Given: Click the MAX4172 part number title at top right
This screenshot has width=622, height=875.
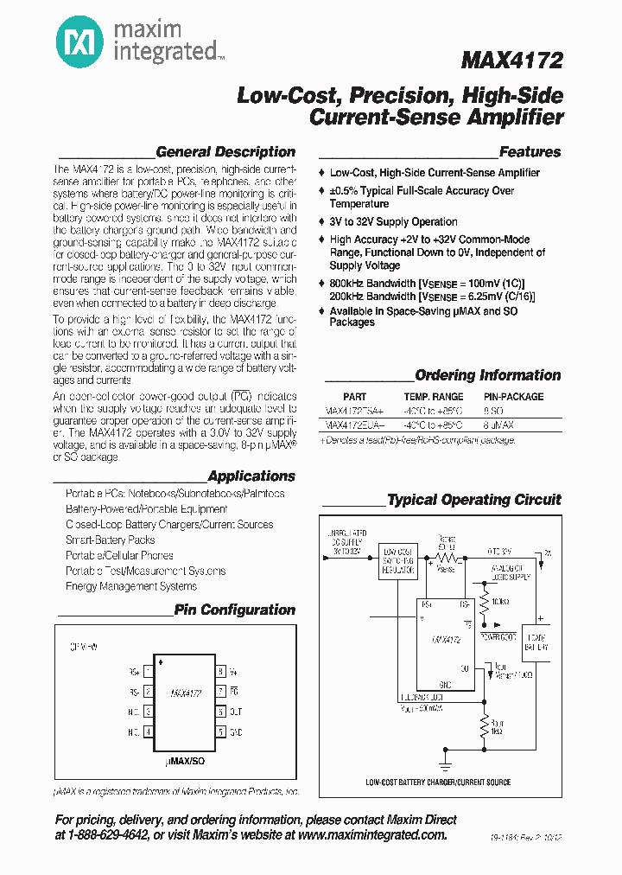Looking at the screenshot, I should (511, 61).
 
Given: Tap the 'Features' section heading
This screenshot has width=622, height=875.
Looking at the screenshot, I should (530, 152).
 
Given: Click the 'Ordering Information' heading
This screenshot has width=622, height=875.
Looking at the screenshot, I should (487, 375).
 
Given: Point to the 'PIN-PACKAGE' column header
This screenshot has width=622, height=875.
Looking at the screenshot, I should (514, 397).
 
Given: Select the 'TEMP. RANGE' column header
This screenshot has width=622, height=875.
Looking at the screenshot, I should (434, 397).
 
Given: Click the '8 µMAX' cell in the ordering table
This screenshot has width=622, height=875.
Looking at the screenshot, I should (498, 425).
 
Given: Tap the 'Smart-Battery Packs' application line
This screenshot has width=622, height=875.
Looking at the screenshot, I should (110, 540).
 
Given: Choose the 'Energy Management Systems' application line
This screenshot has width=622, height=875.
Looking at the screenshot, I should (130, 586).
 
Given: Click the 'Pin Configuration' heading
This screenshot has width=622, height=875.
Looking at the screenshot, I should (234, 610).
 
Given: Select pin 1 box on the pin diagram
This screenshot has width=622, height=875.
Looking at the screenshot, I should (149, 671).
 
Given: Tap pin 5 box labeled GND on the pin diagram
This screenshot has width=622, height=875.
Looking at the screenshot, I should (221, 731).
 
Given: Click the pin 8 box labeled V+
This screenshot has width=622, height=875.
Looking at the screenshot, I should (221, 671).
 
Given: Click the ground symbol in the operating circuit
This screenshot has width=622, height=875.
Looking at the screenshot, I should (445, 765).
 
